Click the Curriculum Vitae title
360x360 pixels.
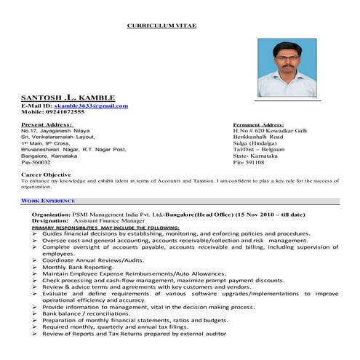pos(161,25)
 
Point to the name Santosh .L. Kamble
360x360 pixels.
pos(67,97)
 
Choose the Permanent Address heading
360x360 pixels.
pos(258,125)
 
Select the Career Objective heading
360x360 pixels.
pos(47,175)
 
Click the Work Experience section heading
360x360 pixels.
pos(48,199)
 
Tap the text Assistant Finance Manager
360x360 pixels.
pos(111,221)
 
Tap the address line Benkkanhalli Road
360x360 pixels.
pos(258,137)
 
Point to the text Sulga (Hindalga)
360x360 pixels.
pos(255,143)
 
